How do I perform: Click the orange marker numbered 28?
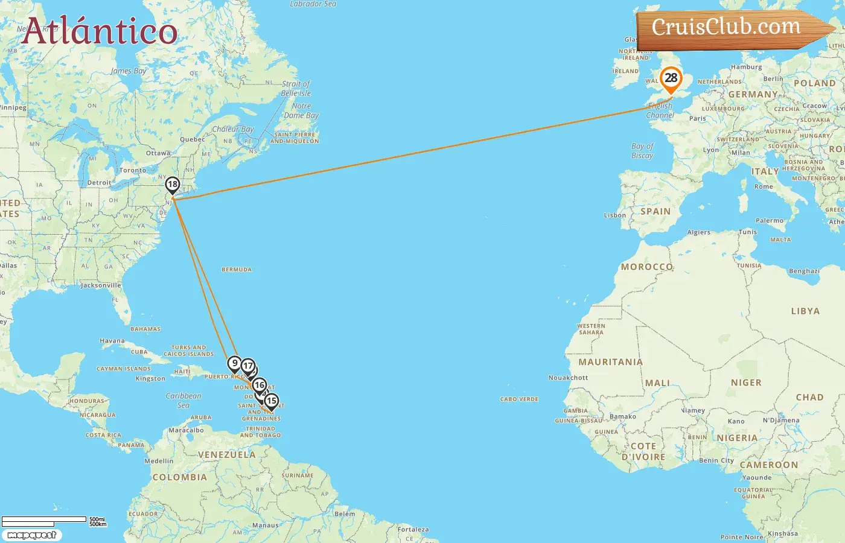(671, 78)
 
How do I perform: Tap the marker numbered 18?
(173, 185)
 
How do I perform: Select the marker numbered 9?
(235, 363)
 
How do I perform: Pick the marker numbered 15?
(272, 401)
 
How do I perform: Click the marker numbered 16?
(260, 385)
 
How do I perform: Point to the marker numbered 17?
(248, 366)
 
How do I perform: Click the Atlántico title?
(100, 31)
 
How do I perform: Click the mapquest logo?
(32, 535)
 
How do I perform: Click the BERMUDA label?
(237, 270)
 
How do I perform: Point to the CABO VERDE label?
(519, 399)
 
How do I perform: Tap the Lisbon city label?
(614, 215)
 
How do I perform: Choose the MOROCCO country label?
(646, 267)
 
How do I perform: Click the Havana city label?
(112, 341)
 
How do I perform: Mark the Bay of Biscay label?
(642, 151)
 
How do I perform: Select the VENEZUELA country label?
(227, 455)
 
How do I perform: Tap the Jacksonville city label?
(101, 285)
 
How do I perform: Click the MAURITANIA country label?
(610, 362)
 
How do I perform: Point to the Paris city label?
(697, 119)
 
